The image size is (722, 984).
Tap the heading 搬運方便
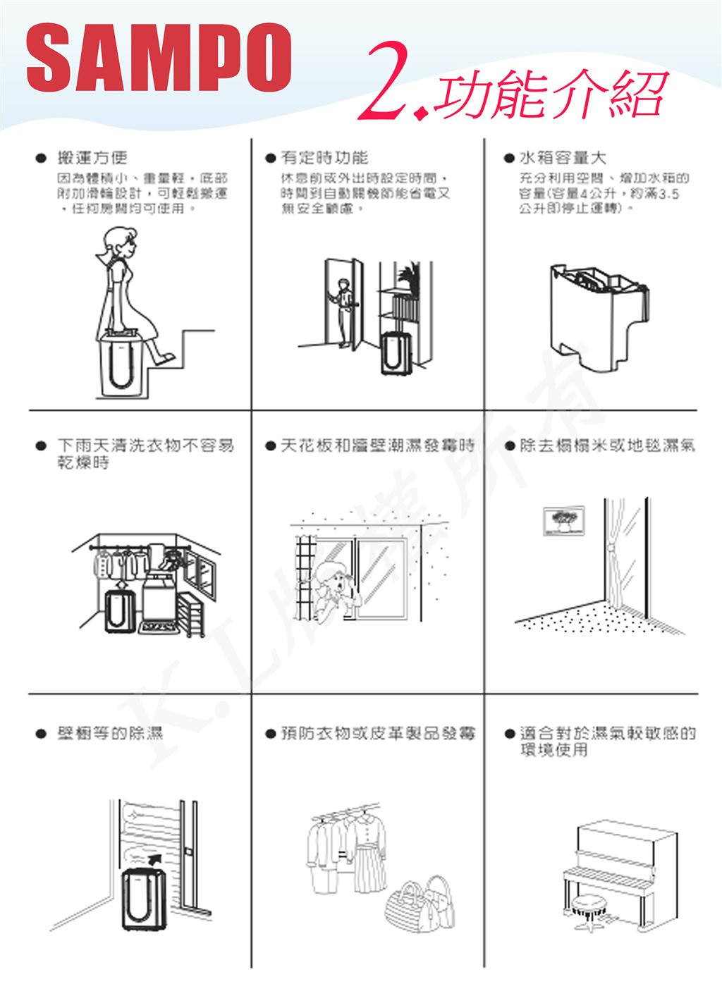[x=92, y=158]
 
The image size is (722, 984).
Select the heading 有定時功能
[x=324, y=158]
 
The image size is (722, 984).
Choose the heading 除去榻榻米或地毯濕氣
[x=606, y=445]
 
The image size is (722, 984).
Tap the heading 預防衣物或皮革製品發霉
[x=377, y=733]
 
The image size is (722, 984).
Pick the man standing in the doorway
[x=343, y=310]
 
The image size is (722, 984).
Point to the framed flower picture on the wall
[x=563, y=519]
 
